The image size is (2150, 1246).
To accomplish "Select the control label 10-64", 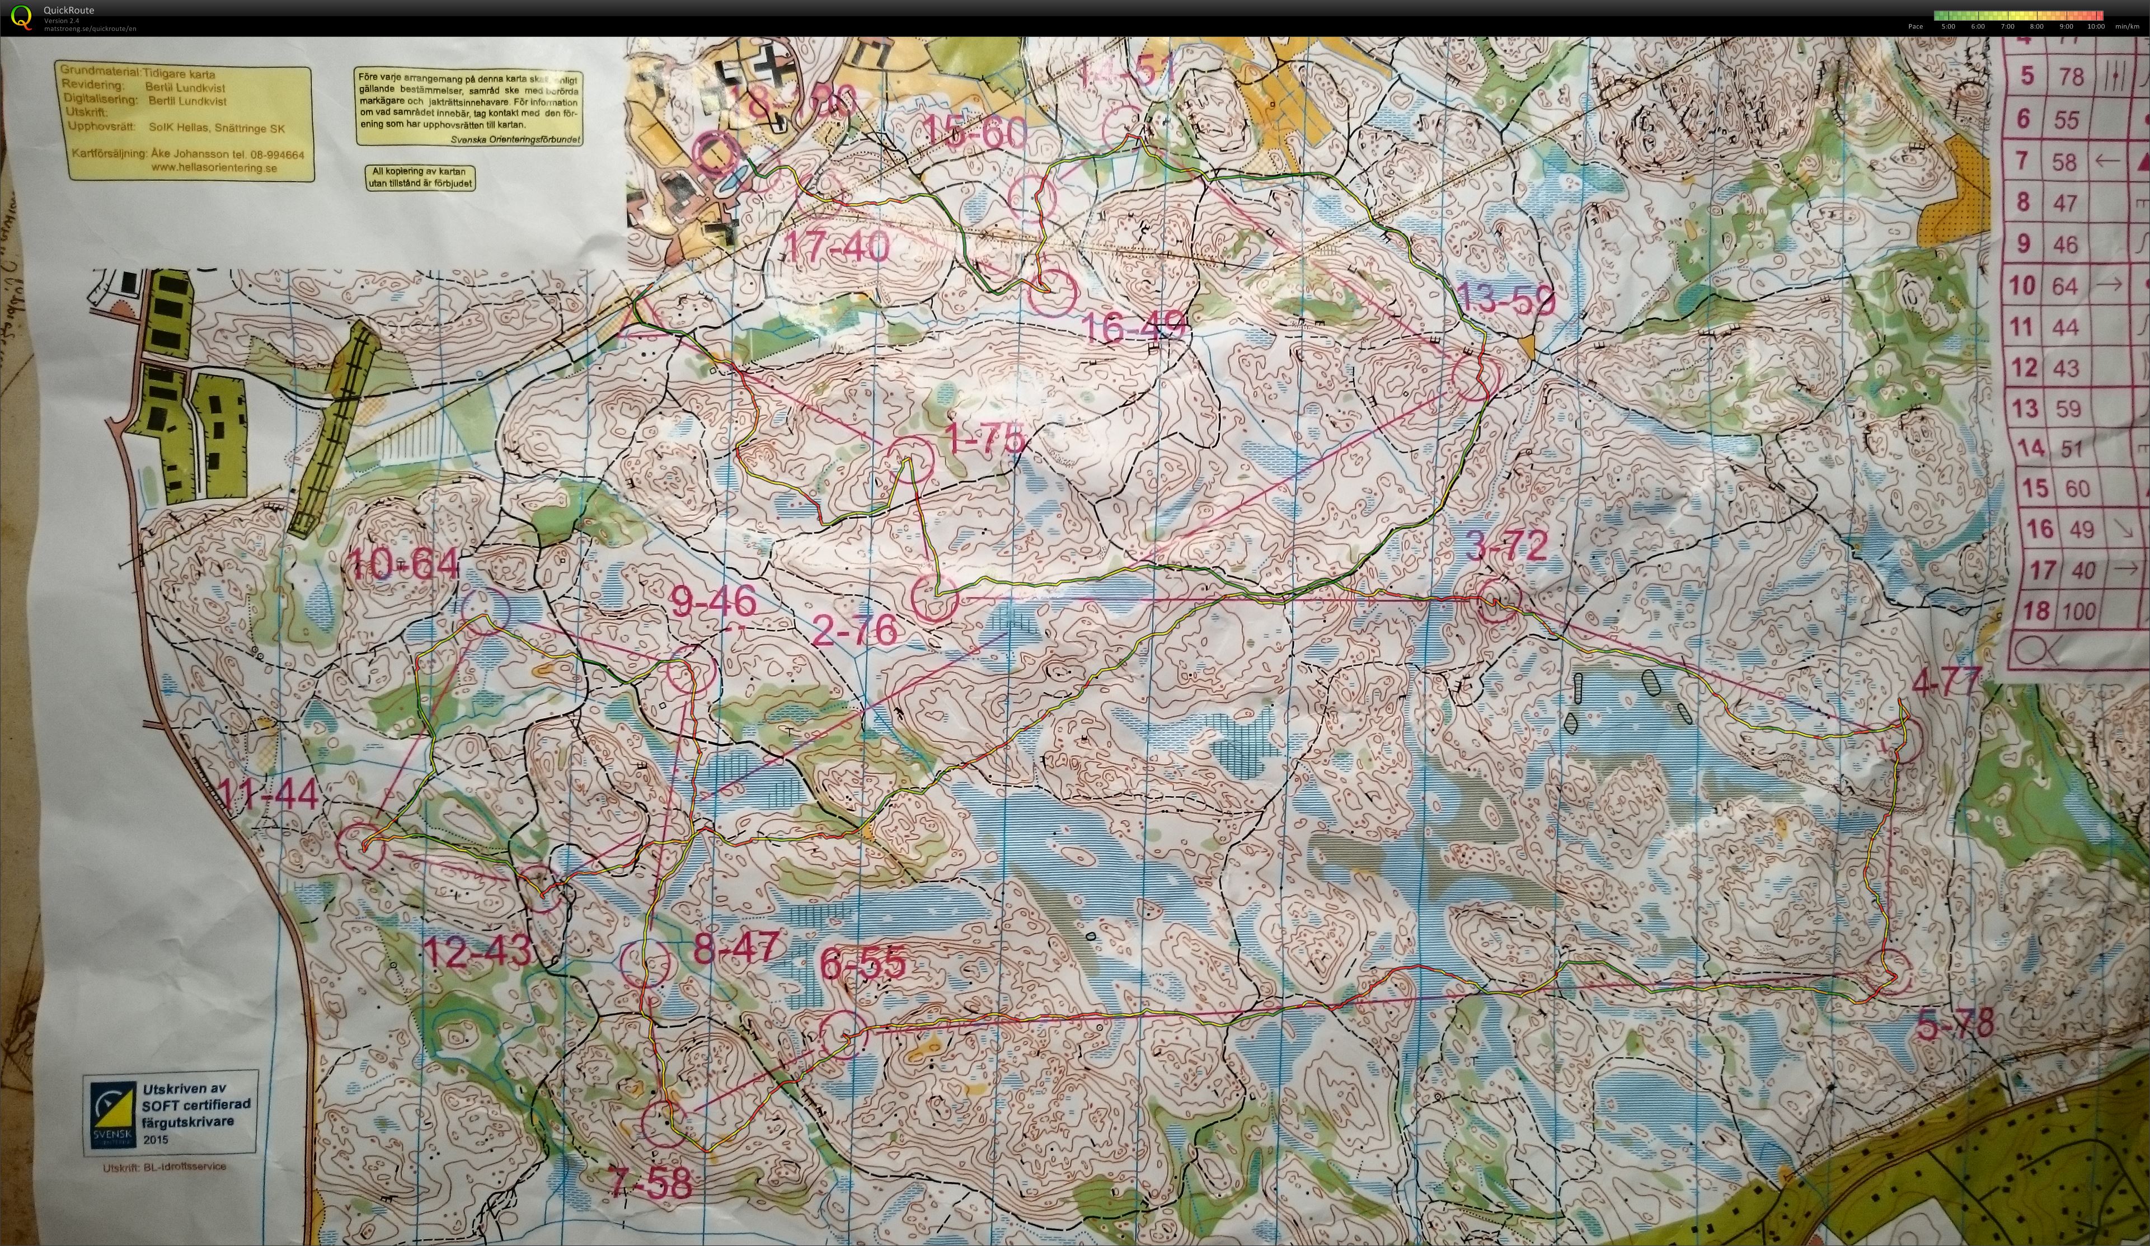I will click(x=405, y=564).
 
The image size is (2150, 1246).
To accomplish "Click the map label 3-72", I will click(x=1506, y=546).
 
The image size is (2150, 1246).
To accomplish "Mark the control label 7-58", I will click(x=650, y=1184).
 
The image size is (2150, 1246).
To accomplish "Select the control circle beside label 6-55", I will click(x=843, y=1035).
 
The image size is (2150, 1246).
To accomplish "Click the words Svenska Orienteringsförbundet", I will click(x=514, y=139).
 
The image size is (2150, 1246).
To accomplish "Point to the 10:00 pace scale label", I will click(x=2095, y=26).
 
